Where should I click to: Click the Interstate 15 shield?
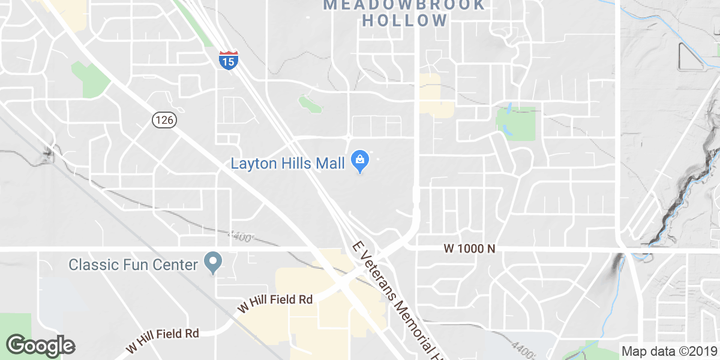[x=228, y=60]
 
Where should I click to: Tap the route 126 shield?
[x=163, y=120]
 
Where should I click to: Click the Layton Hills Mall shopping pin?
[x=360, y=160]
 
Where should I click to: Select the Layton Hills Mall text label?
[x=288, y=163]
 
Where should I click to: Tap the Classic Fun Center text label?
[x=133, y=264]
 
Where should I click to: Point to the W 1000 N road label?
[x=469, y=248]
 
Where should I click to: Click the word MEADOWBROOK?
[x=404, y=5]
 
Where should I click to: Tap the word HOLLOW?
[x=406, y=20]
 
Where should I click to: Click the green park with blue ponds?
[x=516, y=123]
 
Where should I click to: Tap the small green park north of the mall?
[x=310, y=104]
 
